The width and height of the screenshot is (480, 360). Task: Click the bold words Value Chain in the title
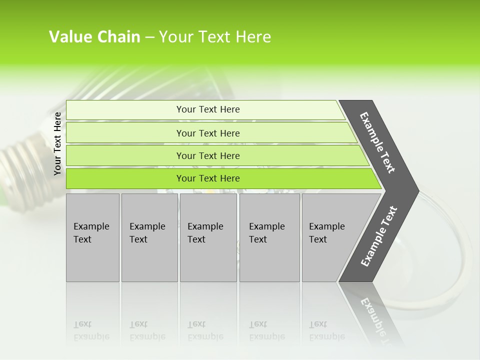click(94, 37)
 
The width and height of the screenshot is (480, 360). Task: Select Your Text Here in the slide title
click(215, 37)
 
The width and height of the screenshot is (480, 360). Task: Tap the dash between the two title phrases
click(149, 37)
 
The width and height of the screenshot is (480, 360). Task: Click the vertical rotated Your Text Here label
click(57, 143)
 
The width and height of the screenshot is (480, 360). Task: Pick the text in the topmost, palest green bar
click(208, 109)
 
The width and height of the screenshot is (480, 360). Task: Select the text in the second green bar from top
click(208, 133)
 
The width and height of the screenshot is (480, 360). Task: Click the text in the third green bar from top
click(208, 156)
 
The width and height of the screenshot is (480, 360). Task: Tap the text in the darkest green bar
click(208, 178)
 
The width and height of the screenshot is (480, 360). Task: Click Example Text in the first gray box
click(91, 233)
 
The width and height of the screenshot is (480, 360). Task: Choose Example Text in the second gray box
click(147, 233)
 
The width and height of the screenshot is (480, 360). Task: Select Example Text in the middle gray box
click(205, 233)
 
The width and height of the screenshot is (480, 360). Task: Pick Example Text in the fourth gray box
click(266, 233)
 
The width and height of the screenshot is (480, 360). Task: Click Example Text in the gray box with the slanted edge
click(326, 233)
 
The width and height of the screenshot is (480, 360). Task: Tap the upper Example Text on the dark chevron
click(377, 142)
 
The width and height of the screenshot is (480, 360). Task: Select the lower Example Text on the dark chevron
click(378, 236)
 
